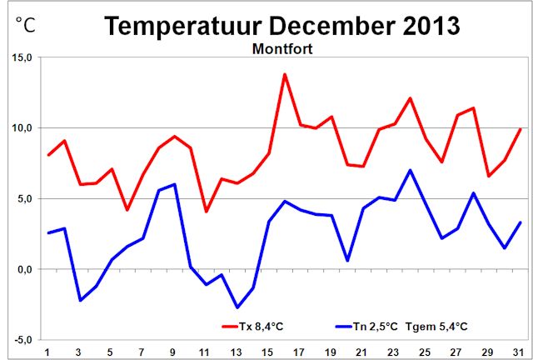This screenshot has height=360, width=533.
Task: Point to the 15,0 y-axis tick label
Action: point(22,58)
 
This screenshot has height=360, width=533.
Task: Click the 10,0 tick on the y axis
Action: point(22,128)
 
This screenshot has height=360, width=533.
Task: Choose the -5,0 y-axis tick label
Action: point(22,340)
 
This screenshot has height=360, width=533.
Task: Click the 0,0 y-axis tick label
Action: point(23,269)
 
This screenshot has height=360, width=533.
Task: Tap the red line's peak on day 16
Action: point(285,74)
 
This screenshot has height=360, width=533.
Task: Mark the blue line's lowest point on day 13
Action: point(237,307)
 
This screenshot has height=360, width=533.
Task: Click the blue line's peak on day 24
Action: point(411,170)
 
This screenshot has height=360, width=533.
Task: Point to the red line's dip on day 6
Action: point(127,210)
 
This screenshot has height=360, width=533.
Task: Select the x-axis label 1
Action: point(48,350)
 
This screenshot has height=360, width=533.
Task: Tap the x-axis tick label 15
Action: point(269,350)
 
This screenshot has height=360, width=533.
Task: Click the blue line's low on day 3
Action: point(80,300)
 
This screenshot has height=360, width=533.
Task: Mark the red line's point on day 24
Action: point(411,98)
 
